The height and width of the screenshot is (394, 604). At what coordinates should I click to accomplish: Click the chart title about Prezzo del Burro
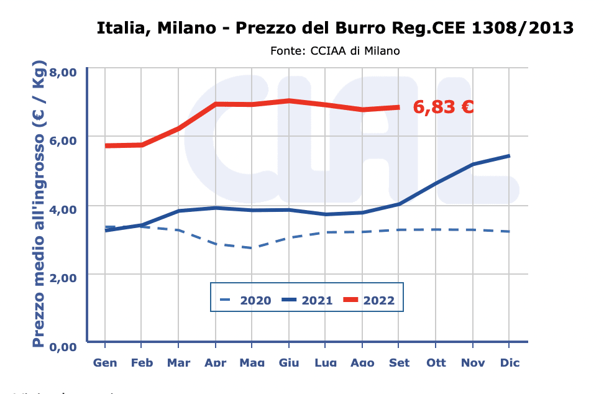pyautogui.click(x=335, y=29)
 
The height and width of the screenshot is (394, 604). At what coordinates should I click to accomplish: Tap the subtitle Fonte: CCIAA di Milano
pyautogui.click(x=335, y=50)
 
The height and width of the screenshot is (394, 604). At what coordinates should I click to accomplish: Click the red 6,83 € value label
pyautogui.click(x=444, y=107)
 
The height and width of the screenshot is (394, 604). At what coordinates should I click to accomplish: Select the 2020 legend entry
pyautogui.click(x=245, y=300)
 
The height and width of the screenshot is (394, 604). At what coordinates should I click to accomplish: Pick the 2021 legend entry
pyautogui.click(x=307, y=300)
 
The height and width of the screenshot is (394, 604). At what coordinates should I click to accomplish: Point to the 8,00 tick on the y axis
pyautogui.click(x=62, y=72)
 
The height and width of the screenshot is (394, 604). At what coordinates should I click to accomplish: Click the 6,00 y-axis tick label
pyautogui.click(x=62, y=140)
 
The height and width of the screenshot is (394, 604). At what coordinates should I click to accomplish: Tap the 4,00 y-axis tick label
pyautogui.click(x=62, y=209)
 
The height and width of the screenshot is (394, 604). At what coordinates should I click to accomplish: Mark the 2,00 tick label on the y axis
pyautogui.click(x=62, y=277)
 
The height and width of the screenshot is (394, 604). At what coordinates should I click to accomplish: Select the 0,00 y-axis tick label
pyautogui.click(x=62, y=346)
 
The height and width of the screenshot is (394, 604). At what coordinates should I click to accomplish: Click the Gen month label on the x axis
pyautogui.click(x=105, y=362)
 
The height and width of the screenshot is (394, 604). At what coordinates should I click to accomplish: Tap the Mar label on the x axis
pyautogui.click(x=178, y=362)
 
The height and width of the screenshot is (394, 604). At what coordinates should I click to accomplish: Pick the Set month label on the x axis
pyautogui.click(x=399, y=362)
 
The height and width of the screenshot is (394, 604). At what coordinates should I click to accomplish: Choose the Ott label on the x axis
pyautogui.click(x=436, y=362)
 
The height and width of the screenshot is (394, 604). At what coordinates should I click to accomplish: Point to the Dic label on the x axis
pyautogui.click(x=510, y=362)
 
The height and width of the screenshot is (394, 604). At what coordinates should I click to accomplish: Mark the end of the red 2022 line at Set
pyautogui.click(x=399, y=108)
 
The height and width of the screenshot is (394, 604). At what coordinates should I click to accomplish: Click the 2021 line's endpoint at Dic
pyautogui.click(x=510, y=156)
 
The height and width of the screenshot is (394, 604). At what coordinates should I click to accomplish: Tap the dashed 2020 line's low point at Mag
pyautogui.click(x=252, y=248)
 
